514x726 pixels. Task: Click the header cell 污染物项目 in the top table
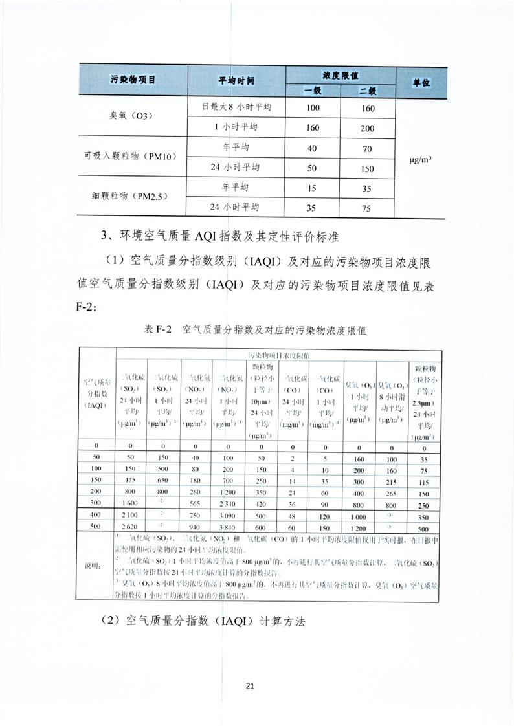133,82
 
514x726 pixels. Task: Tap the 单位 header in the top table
422,83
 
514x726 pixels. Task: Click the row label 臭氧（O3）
132,117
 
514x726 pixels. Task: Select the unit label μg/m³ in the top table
421,157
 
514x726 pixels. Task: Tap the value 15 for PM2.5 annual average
313,188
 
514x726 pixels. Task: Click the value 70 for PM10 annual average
367,148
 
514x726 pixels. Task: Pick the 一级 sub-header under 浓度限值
313,91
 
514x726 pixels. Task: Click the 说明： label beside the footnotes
94,565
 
